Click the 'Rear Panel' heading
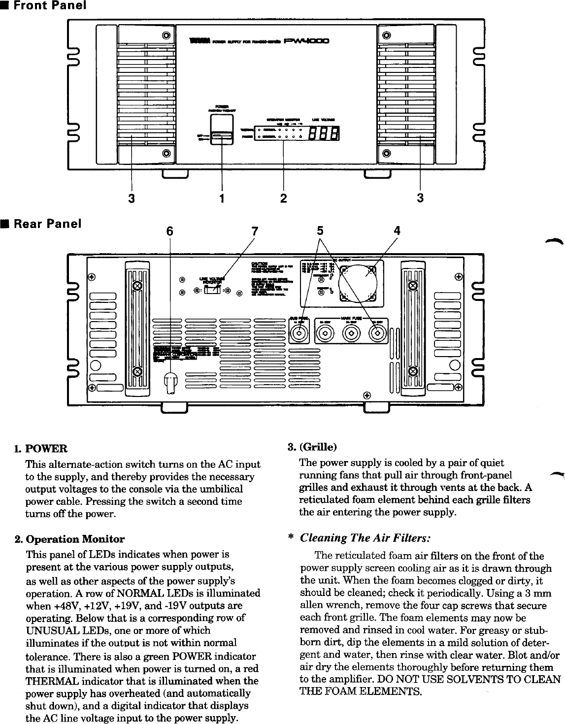click(46, 224)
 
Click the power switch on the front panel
click(222, 136)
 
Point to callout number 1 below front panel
click(222, 198)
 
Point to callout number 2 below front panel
click(283, 198)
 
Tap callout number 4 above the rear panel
click(397, 230)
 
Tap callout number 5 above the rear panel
click(320, 230)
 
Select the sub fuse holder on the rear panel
click(299, 334)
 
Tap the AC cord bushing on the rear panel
click(169, 383)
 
